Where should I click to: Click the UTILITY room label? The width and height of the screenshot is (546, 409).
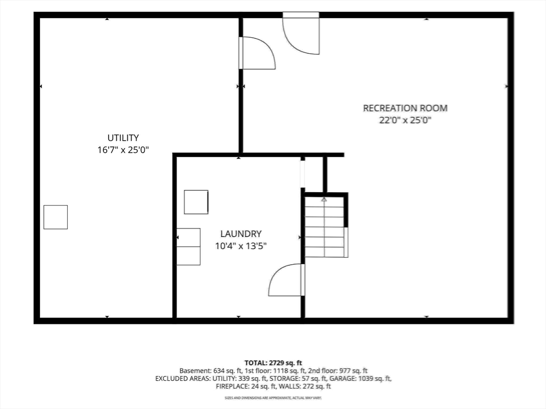tap(123, 138)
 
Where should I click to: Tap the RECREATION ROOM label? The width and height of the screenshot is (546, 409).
tap(405, 108)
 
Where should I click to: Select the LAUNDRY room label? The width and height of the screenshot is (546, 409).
tap(240, 234)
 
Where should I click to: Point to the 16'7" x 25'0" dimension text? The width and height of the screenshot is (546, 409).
tap(123, 150)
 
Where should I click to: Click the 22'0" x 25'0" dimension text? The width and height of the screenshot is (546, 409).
tap(405, 120)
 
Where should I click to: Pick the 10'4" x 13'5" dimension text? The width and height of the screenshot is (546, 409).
tap(240, 246)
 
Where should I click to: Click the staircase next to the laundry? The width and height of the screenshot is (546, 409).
tap(325, 227)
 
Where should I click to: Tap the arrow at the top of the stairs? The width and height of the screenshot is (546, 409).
tap(324, 199)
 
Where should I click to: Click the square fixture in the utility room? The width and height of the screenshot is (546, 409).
tap(55, 217)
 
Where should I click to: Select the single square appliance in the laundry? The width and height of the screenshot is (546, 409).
tap(196, 202)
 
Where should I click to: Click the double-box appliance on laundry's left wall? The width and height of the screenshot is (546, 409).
tap(188, 247)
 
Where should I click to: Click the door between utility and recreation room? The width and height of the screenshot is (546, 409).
tap(258, 53)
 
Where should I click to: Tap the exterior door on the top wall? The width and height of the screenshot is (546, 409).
tap(301, 34)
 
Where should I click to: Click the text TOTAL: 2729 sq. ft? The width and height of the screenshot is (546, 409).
tap(273, 363)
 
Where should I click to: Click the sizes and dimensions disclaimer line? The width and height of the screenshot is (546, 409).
tap(273, 397)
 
